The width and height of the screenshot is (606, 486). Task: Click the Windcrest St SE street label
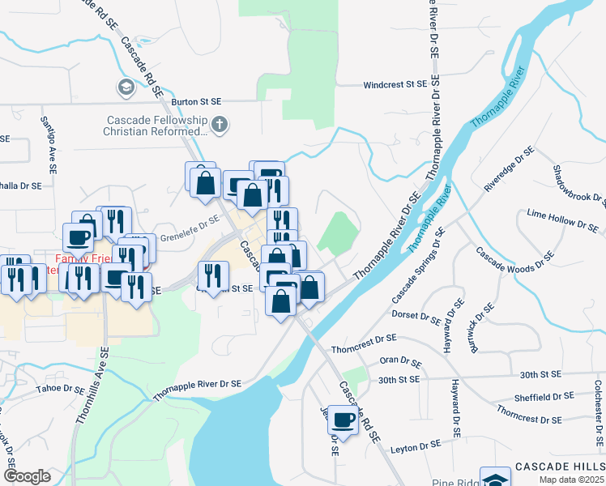395,84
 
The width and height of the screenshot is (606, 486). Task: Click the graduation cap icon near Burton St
126,87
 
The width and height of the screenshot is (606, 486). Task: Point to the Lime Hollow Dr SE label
558,220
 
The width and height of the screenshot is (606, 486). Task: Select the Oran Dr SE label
400,362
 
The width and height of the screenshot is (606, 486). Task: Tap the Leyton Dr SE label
412,445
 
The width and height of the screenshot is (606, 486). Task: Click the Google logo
28,475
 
